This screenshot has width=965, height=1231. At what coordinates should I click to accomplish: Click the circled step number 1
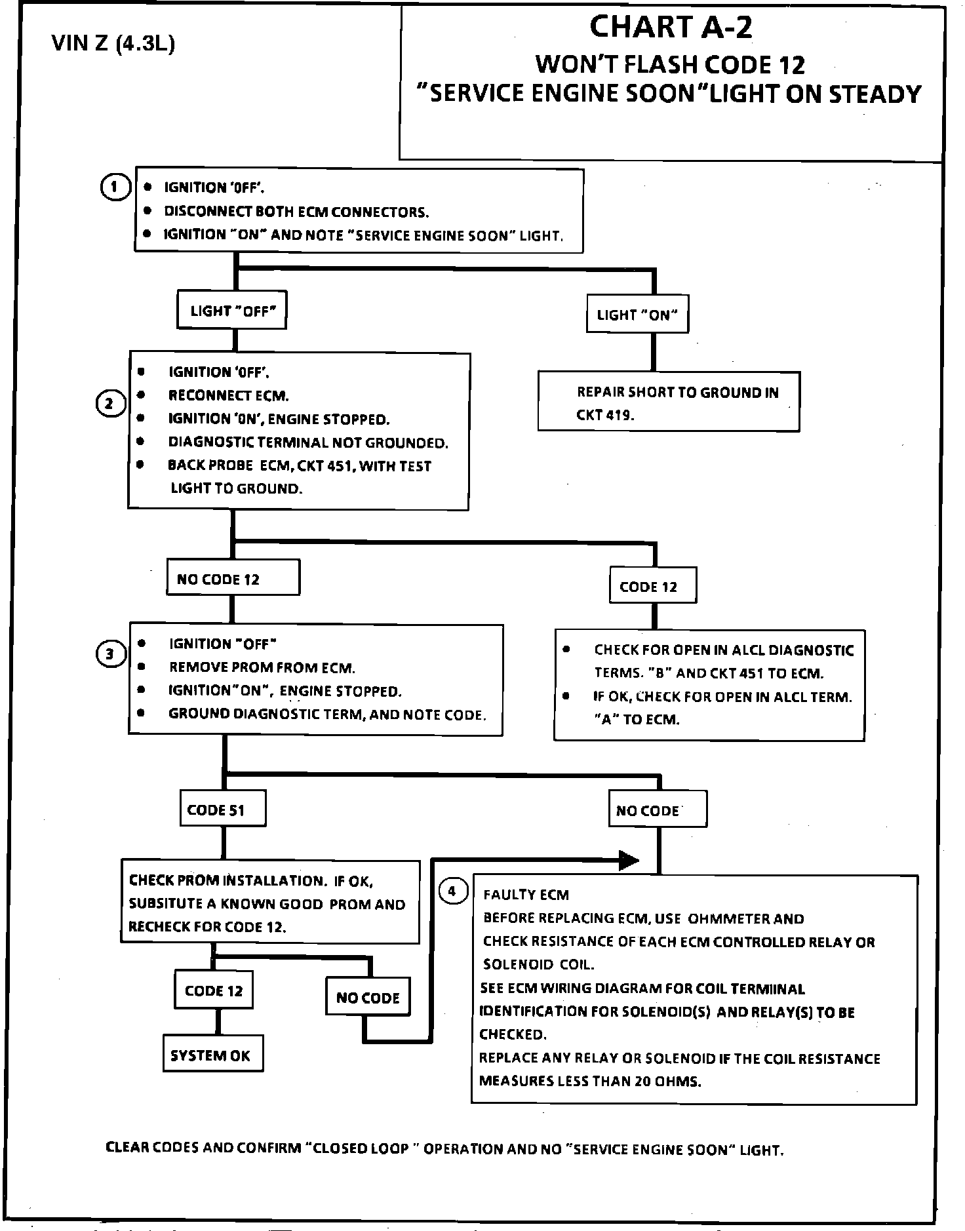[x=115, y=187]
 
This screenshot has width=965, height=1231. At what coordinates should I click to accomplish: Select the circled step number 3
[x=110, y=654]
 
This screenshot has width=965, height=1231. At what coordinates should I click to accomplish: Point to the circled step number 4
[x=452, y=891]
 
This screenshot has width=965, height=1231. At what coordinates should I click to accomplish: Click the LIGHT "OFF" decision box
[x=232, y=311]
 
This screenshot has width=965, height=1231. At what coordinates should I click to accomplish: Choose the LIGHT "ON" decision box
[x=637, y=315]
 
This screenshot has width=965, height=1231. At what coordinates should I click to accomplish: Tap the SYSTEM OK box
[x=213, y=1055]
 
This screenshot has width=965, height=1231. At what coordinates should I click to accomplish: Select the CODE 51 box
[x=223, y=809]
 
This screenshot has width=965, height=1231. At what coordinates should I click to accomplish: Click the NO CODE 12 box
[x=233, y=577]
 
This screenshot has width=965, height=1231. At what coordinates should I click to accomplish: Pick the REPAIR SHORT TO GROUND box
[x=669, y=401]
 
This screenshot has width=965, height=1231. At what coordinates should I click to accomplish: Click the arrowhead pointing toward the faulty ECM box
[x=629, y=860]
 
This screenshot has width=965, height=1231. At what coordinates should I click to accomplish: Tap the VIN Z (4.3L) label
[x=113, y=45]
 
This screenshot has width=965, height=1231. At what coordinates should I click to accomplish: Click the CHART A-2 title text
[x=671, y=27]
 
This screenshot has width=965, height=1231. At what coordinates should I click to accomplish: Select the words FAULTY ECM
[x=526, y=895]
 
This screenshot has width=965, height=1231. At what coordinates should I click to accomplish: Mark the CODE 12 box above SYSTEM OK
[x=214, y=990]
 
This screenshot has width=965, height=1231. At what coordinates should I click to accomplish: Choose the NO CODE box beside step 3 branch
[x=658, y=809]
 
